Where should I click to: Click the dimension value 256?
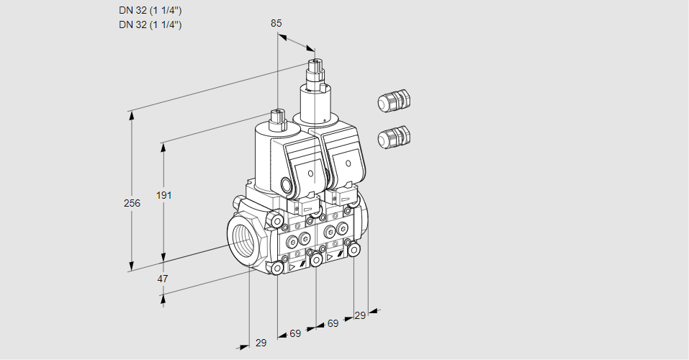click(132, 204)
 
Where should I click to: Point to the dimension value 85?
click(276, 23)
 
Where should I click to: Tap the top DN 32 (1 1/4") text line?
click(150, 11)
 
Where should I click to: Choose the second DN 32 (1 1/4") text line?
click(150, 24)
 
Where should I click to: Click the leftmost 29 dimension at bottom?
click(261, 343)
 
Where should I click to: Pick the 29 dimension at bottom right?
click(360, 315)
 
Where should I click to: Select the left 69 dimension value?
click(295, 333)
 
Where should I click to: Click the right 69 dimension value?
click(333, 324)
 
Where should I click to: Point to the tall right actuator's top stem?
click(315, 69)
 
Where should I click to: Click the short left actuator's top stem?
click(277, 117)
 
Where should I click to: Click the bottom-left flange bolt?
click(277, 268)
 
